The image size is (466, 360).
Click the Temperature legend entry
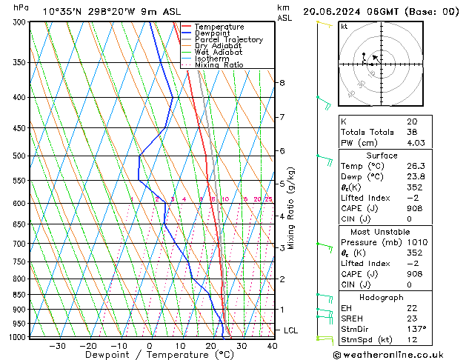pyautogui.click(x=219, y=27)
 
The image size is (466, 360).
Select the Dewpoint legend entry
pyautogui.click(x=214, y=33)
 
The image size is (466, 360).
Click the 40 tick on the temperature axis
pyautogui.click(x=272, y=345)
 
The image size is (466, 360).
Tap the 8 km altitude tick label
pyautogui.click(x=282, y=82)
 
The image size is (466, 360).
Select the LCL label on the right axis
pyautogui.click(x=291, y=330)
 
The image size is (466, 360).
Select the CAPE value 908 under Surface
pyautogui.click(x=413, y=208)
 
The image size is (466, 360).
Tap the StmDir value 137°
pyautogui.click(x=416, y=329)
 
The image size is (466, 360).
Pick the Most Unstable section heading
pyautogui.click(x=397, y=231)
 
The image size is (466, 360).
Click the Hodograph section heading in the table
pyautogui.click(x=397, y=297)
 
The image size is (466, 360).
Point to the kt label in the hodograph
pyautogui.click(x=344, y=26)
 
